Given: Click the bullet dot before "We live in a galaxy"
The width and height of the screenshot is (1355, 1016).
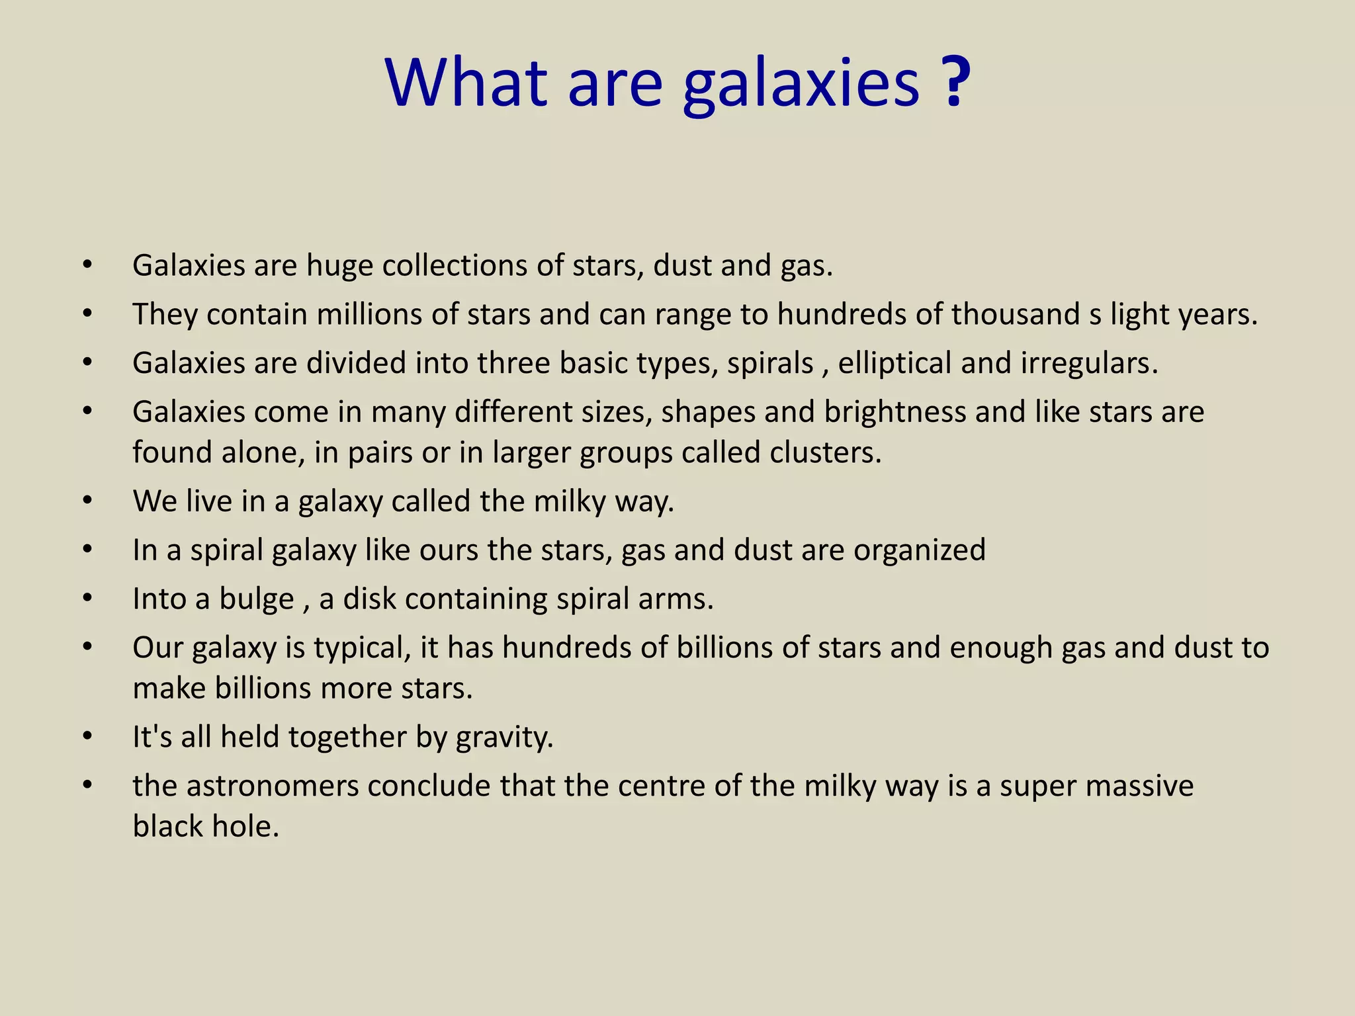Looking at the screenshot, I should pos(87,500).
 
